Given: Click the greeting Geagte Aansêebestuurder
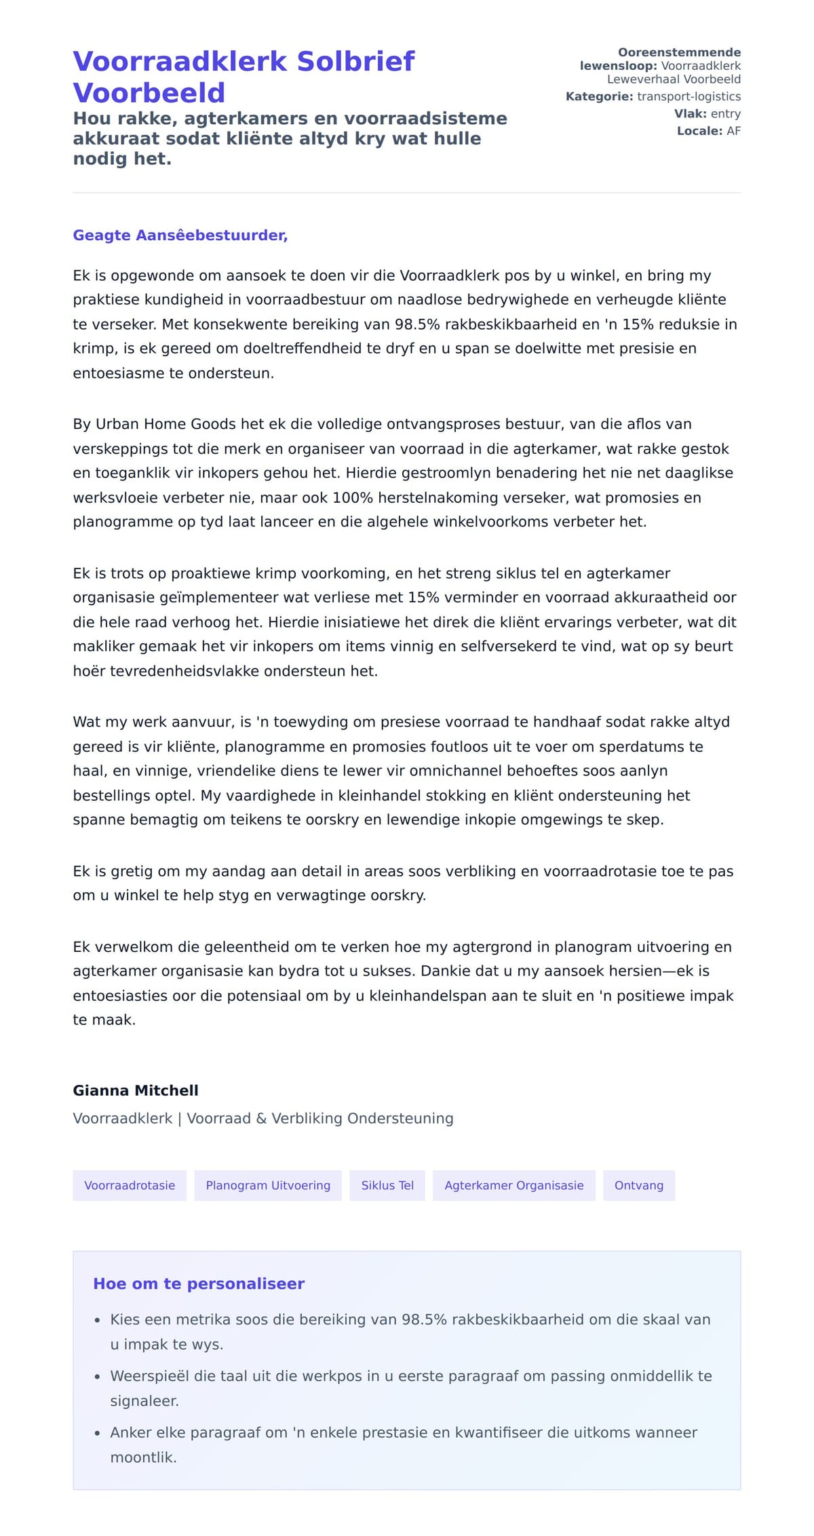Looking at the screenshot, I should click(x=180, y=235).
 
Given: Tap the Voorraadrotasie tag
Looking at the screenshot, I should click(x=130, y=1185).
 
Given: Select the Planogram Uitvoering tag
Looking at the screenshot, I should click(x=268, y=1185).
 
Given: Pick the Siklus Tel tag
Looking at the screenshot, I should click(x=387, y=1185).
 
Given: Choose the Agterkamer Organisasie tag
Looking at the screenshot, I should click(x=513, y=1185).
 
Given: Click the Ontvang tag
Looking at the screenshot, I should click(x=638, y=1185).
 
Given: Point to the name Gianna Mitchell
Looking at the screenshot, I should click(x=136, y=1090).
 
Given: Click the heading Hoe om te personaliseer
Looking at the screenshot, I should click(x=199, y=1284).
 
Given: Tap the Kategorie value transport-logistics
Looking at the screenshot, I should click(x=689, y=96).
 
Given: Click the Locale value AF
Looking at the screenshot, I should click(x=733, y=131).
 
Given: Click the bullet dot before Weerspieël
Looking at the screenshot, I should click(x=97, y=1377).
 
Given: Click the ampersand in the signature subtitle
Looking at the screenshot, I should click(x=261, y=1118).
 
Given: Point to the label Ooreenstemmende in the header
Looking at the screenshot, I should click(x=679, y=52).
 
